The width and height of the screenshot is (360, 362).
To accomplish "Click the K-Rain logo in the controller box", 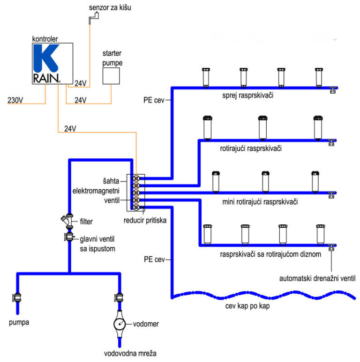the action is [x=47, y=64].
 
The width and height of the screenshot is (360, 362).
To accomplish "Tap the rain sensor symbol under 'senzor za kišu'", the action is [x=94, y=18].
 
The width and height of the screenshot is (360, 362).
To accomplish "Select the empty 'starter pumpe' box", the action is [x=111, y=76].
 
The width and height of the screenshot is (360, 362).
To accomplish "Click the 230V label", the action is [x=15, y=100].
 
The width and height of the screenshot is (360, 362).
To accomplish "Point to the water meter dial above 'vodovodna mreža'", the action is [x=120, y=324].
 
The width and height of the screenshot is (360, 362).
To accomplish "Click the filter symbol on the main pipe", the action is [x=67, y=221].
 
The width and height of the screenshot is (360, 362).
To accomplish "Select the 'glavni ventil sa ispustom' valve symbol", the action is [x=69, y=237].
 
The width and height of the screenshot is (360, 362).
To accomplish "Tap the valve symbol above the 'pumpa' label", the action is [x=17, y=297].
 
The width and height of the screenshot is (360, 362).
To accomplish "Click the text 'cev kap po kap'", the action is [x=247, y=306].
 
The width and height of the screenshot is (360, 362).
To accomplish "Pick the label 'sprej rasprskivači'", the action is [x=247, y=95].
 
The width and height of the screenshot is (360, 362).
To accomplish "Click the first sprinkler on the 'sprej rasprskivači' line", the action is [x=206, y=78].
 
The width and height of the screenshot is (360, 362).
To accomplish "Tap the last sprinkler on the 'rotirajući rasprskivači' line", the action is [x=318, y=128].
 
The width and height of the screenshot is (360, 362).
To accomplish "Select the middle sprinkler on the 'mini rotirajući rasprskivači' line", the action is [x=265, y=182].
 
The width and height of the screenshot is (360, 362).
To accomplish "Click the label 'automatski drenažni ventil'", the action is [x=317, y=279].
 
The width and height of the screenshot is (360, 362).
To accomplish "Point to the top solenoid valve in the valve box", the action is [x=136, y=178].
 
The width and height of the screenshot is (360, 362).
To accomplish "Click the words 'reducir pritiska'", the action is [x=145, y=221].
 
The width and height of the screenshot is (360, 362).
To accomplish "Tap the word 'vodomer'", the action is [x=146, y=324].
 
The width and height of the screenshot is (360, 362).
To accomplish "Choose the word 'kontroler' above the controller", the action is [x=45, y=39].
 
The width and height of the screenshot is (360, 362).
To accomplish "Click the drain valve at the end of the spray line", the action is [x=332, y=90].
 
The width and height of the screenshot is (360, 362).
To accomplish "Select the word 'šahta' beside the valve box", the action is [x=111, y=181].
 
